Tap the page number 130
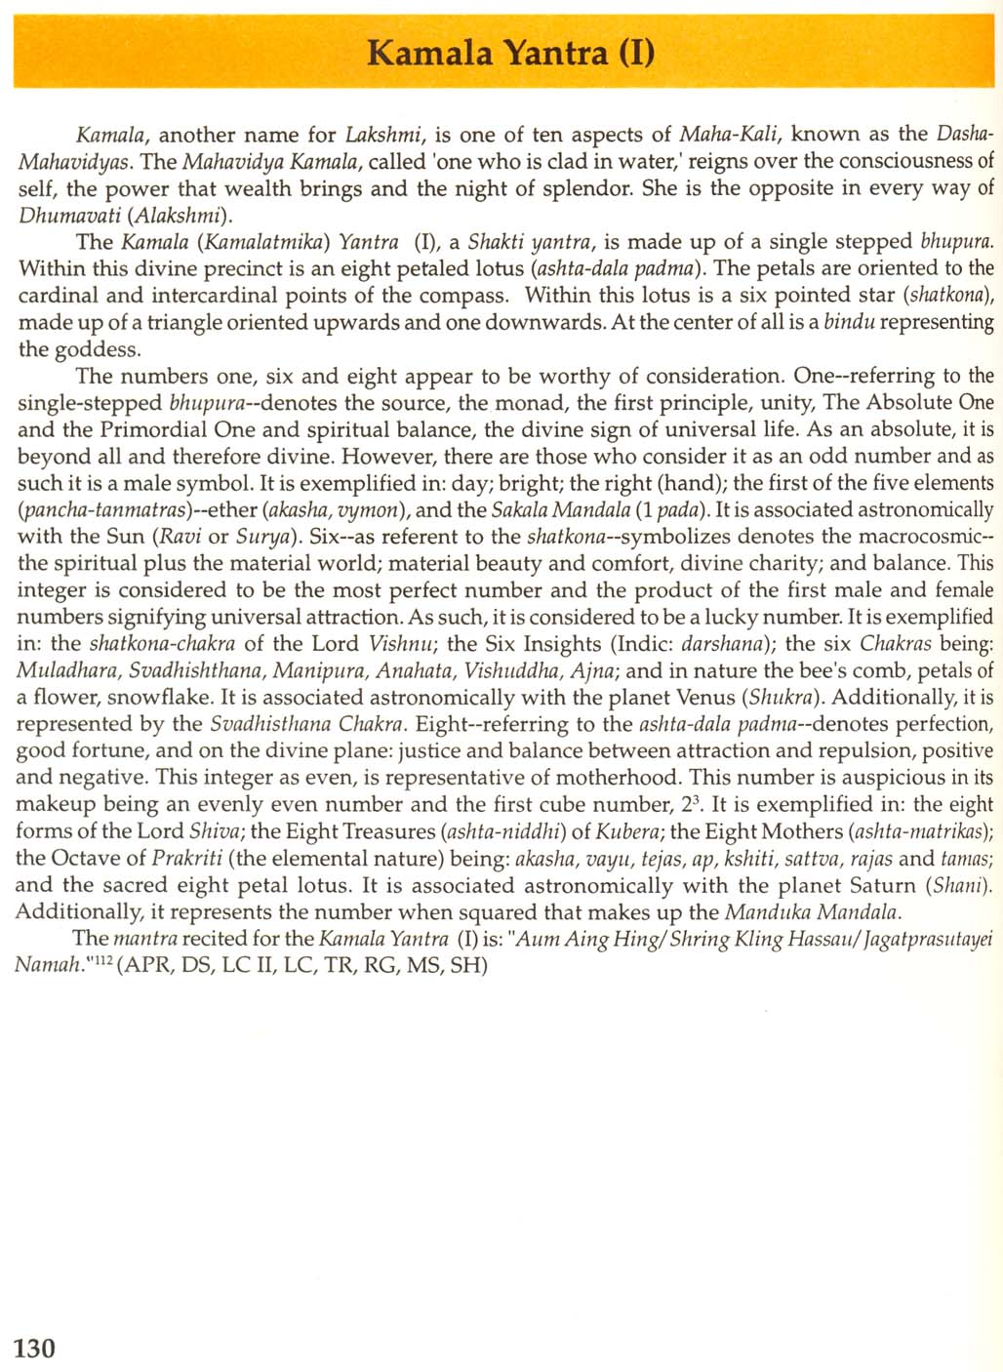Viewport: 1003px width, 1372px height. click(35, 1348)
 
